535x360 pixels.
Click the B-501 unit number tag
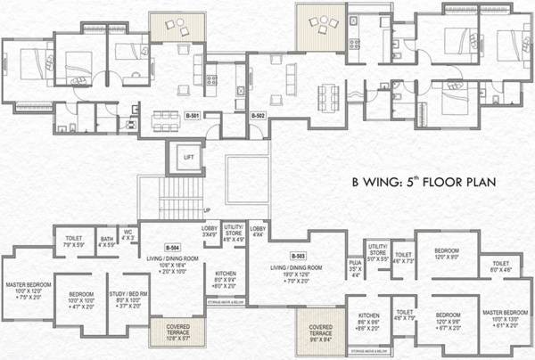tap(192, 116)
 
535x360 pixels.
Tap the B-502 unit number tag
tap(259, 116)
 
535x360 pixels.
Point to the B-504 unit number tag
tap(173, 247)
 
